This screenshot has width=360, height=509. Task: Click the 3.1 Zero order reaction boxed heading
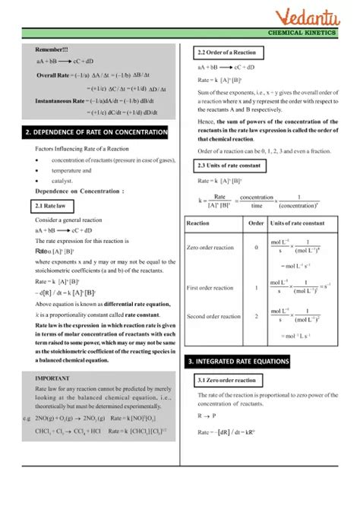coord(226,380)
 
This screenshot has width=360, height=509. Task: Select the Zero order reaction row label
coord(213,248)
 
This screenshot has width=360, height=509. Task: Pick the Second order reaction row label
coord(213,316)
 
